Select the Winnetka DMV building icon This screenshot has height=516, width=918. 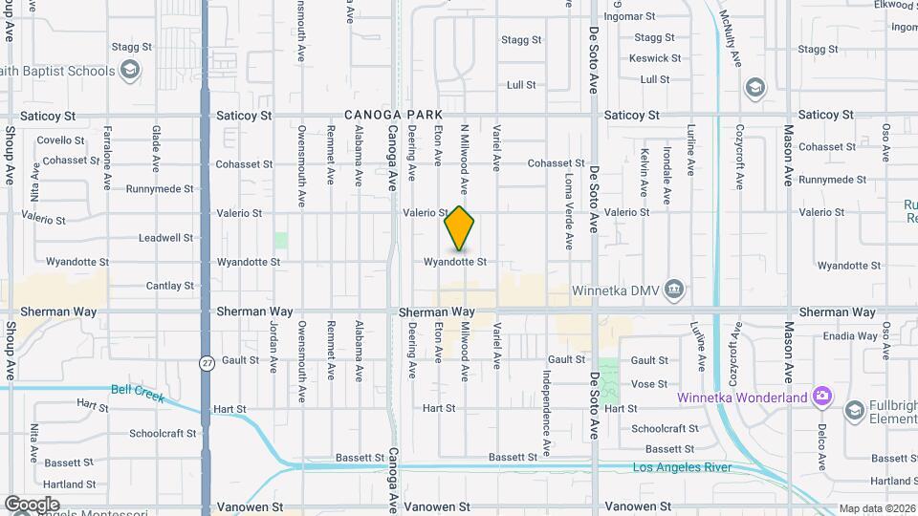pyautogui.click(x=675, y=289)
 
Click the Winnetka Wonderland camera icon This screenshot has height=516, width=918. pyautogui.click(x=821, y=397)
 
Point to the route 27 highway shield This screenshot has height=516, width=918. pyautogui.click(x=207, y=363)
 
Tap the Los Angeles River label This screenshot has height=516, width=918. pyautogui.click(x=682, y=467)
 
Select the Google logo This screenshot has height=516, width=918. pyautogui.click(x=32, y=505)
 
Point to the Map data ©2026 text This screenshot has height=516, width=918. pyautogui.click(x=876, y=508)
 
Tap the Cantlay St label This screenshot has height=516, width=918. pyautogui.click(x=169, y=286)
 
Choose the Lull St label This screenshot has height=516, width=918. pyautogui.click(x=521, y=85)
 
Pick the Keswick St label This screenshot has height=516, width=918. pyautogui.click(x=655, y=58)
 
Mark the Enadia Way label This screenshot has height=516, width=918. pyautogui.click(x=850, y=335)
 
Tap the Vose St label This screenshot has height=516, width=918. pyautogui.click(x=649, y=384)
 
